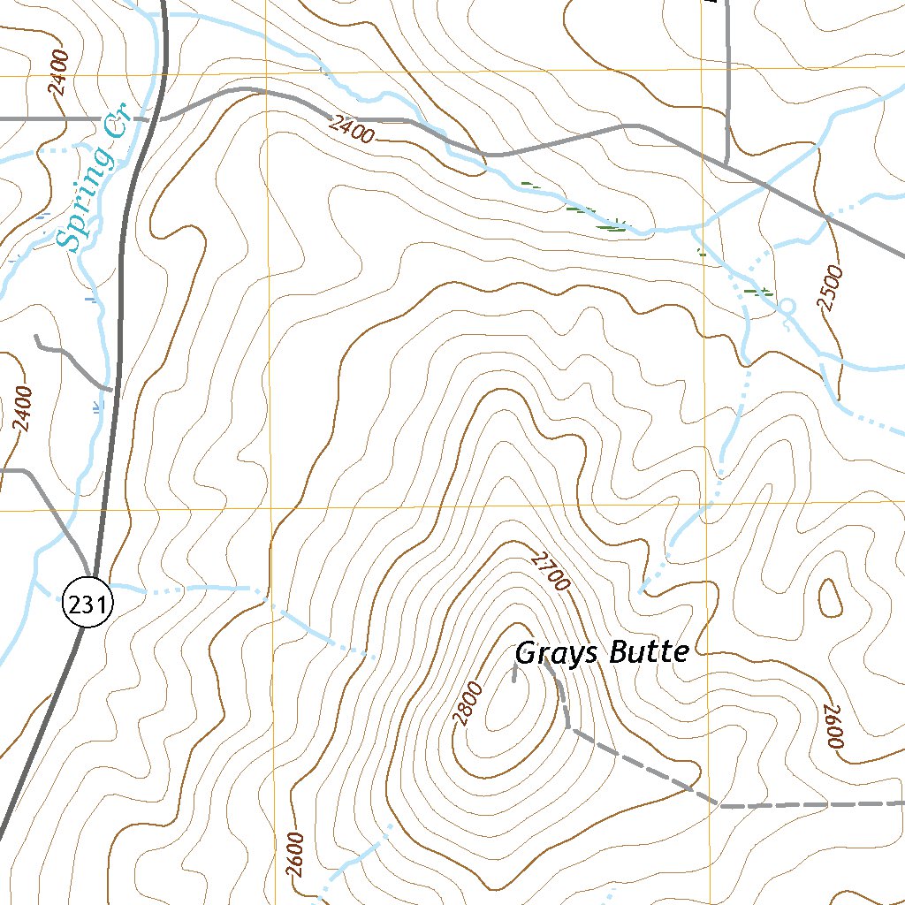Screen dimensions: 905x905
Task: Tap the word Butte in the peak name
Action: [x=644, y=652]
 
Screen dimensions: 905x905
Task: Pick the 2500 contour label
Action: [x=831, y=288]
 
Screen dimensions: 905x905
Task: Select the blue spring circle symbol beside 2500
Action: [x=787, y=306]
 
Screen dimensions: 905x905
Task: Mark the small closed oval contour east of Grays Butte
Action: [x=830, y=598]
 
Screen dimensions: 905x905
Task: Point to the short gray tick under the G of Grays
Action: [x=514, y=675]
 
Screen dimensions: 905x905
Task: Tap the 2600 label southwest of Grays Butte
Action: [x=295, y=856]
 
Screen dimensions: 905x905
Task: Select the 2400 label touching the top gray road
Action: [x=351, y=130]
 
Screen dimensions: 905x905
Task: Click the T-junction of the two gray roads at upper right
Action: [x=726, y=163]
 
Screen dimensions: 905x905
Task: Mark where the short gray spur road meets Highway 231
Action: [x=111, y=388]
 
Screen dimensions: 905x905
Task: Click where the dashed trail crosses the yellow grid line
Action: [x=712, y=801]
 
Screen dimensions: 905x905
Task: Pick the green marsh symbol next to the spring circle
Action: [x=758, y=291]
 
